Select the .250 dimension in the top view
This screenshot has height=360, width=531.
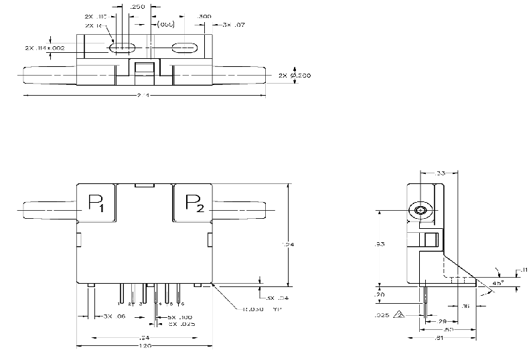pyautogui.click(x=139, y=6)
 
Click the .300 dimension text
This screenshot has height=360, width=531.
pyautogui.click(x=204, y=15)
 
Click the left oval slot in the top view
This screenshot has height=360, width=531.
pyautogui.click(x=122, y=48)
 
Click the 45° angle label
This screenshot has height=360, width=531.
pyautogui.click(x=498, y=282)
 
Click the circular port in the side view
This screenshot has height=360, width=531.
pyautogui.click(x=420, y=211)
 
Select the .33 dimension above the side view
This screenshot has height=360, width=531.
pyautogui.click(x=440, y=173)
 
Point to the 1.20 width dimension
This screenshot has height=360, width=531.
pyautogui.click(x=144, y=346)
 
